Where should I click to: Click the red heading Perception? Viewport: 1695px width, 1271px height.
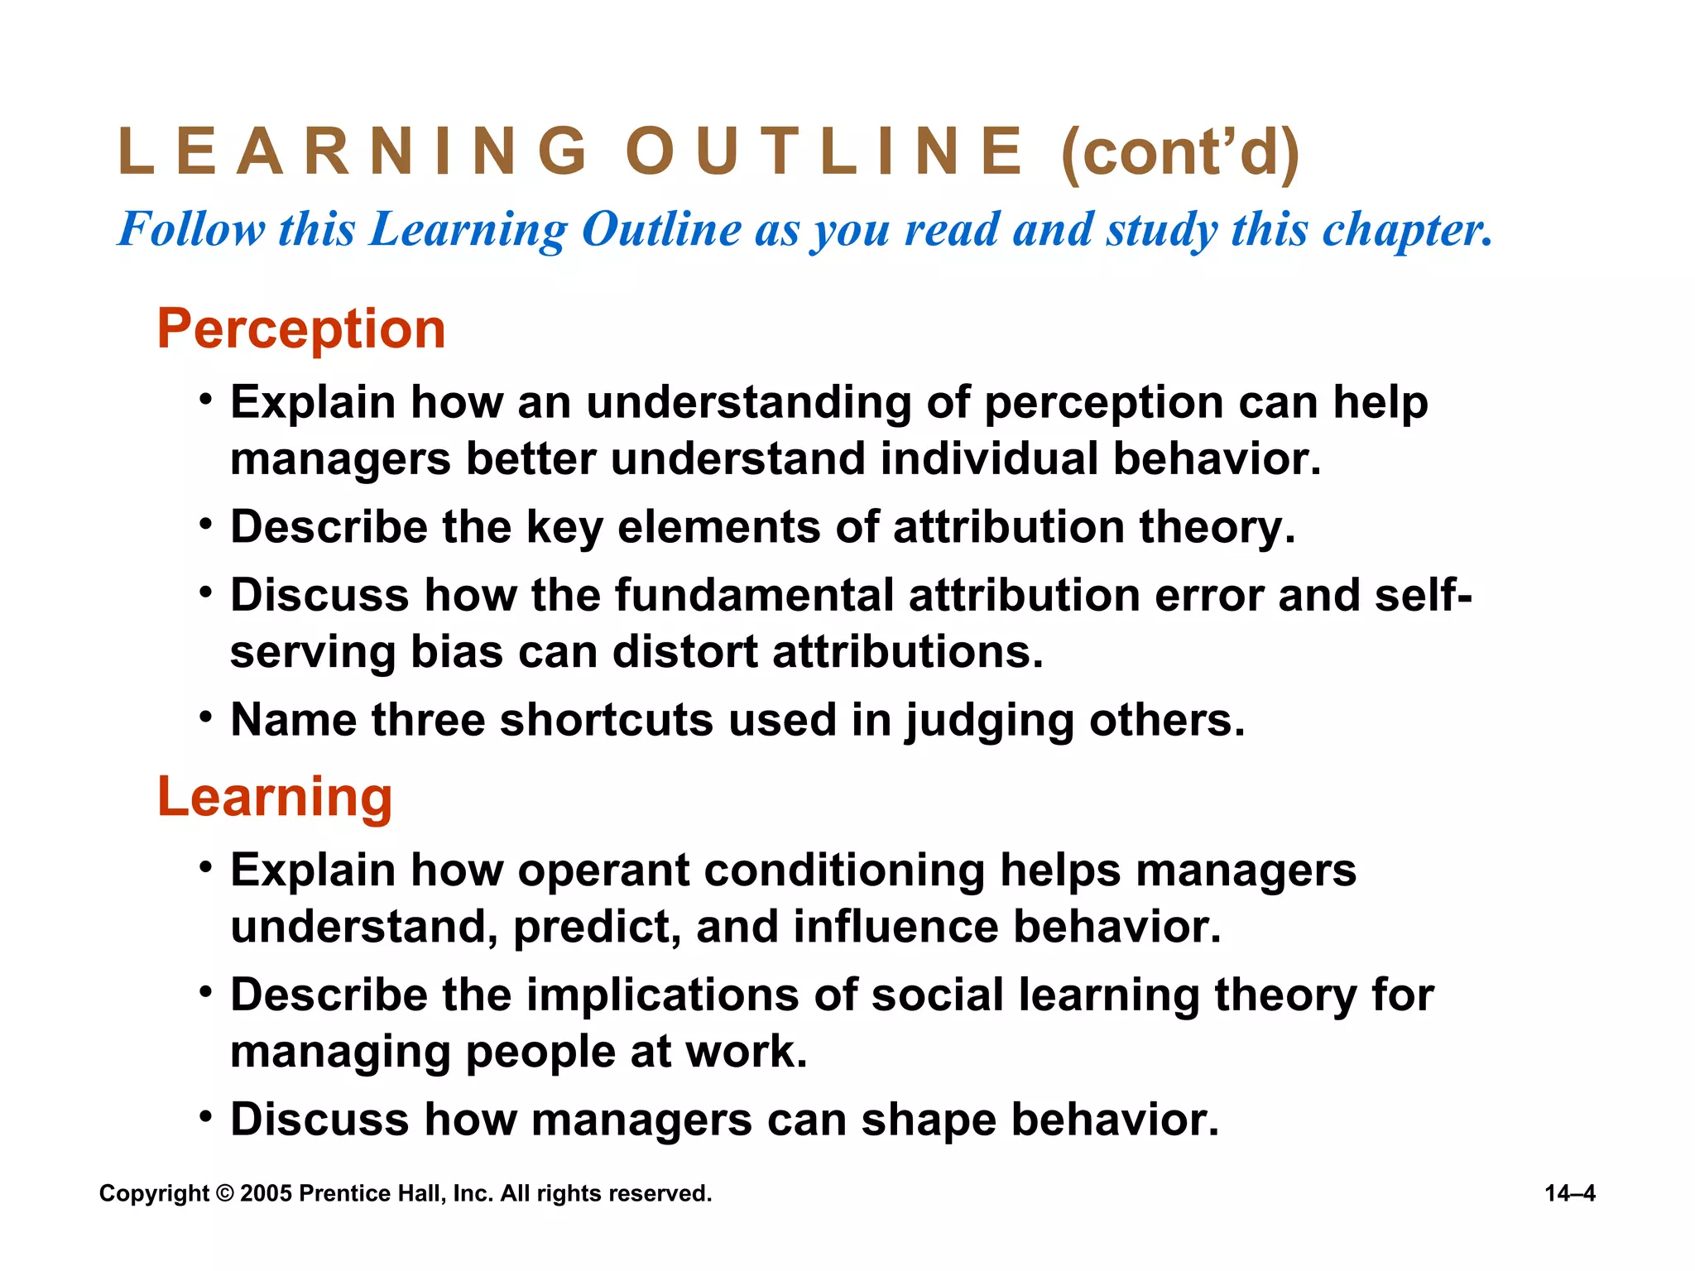(301, 329)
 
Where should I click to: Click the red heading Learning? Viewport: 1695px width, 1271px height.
(275, 797)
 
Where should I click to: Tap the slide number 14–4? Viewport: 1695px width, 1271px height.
(1569, 1193)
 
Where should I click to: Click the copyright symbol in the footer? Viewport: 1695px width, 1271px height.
(225, 1193)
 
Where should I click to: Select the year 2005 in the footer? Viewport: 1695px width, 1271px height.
(266, 1193)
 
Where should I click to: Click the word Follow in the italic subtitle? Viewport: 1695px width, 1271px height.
(192, 229)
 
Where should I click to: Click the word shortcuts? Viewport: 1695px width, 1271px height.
(607, 720)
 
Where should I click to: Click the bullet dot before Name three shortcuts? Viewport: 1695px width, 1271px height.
(206, 716)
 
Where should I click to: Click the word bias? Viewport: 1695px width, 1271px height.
(457, 652)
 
